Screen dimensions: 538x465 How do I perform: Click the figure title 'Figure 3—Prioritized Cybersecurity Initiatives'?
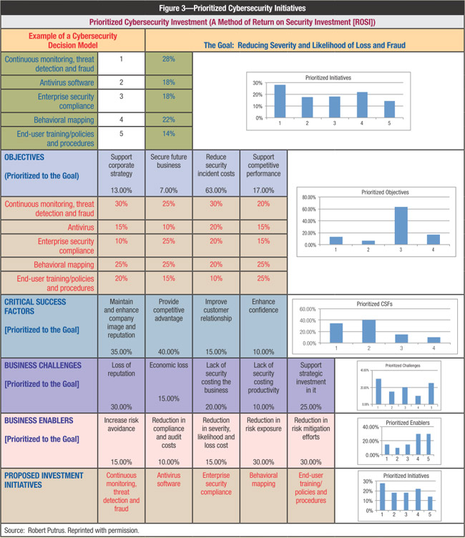[x=232, y=7]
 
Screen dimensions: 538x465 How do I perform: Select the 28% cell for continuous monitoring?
[x=169, y=59]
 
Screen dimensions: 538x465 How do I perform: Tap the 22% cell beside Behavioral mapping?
[x=169, y=119]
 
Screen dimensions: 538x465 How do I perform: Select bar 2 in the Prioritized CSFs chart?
[x=368, y=331]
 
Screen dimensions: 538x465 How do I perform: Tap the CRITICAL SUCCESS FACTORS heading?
[x=36, y=307]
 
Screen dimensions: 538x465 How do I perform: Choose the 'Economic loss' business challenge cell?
[x=169, y=366]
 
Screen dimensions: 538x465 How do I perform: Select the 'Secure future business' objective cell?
[x=169, y=161]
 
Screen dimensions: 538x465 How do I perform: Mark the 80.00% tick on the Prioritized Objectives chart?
[x=308, y=197]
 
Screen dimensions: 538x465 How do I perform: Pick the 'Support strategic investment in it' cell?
[x=310, y=375]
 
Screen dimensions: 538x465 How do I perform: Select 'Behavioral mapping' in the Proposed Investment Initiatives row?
[x=263, y=479]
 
